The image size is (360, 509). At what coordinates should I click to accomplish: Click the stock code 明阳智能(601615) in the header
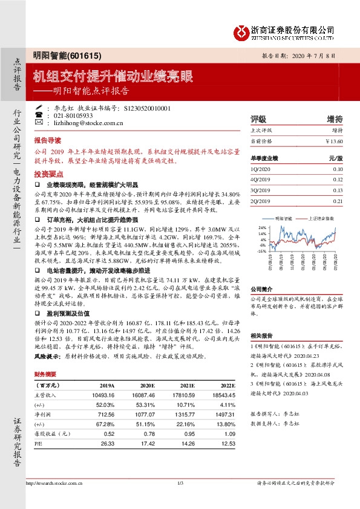click(58, 55)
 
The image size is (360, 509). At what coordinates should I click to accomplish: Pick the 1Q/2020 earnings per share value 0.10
click(337, 169)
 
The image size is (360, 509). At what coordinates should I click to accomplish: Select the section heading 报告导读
click(47, 138)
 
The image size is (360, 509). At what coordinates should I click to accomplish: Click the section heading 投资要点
click(47, 172)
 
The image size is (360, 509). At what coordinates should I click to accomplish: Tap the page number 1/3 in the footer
click(180, 483)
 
